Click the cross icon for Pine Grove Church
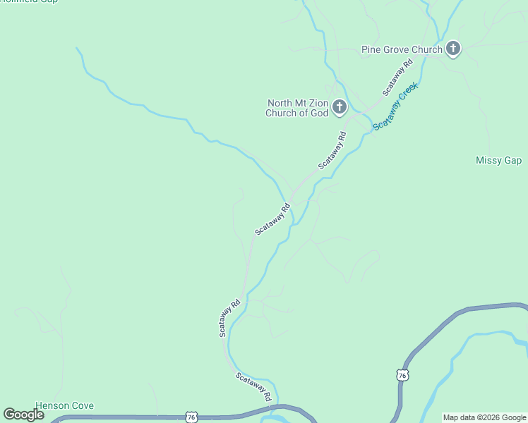(x=453, y=49)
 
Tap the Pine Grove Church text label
(x=402, y=49)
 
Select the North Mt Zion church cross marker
(x=340, y=107)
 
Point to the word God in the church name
(x=319, y=113)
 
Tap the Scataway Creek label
(x=396, y=106)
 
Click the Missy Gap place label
(x=498, y=161)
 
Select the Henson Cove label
(x=65, y=406)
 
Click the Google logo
(x=23, y=415)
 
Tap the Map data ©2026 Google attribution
(x=484, y=417)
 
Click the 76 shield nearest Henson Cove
(x=191, y=417)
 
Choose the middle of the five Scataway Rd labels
(x=272, y=219)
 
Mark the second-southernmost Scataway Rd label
(x=229, y=318)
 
